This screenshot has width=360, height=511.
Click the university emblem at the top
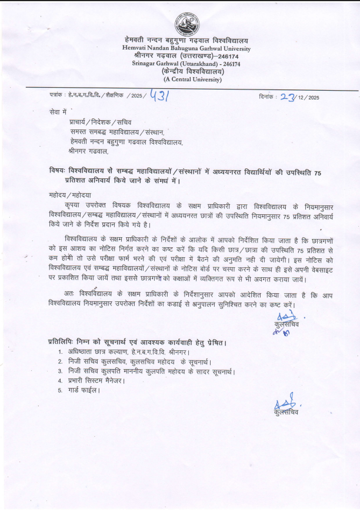186,24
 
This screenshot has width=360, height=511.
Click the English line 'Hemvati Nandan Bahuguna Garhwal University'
186,48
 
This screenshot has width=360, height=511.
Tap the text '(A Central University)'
186,78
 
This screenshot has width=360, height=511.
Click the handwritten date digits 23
288,97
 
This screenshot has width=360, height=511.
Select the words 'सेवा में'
59,111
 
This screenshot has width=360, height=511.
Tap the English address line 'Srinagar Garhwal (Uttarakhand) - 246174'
186,63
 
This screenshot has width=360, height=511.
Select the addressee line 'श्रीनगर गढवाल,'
88,151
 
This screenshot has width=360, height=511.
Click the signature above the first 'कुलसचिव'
284,317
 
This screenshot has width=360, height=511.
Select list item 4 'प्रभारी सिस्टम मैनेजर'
96,380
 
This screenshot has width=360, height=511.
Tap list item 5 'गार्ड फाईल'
84,390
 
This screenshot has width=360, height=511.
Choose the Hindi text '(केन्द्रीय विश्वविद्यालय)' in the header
186,71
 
